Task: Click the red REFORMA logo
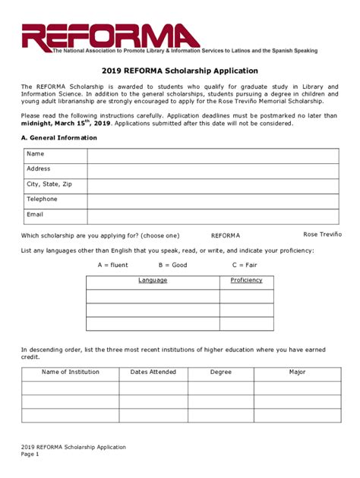111,36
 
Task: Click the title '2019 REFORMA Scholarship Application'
180,71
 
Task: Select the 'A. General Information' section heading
59,138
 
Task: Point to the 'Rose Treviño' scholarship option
322,234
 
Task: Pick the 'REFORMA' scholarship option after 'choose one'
226,236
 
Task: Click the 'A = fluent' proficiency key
113,265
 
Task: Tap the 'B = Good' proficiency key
172,265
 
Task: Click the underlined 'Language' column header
153,281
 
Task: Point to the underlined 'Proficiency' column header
246,281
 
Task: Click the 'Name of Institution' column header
70,373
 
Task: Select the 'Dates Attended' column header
153,373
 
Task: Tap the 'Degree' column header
221,373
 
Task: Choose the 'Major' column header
297,373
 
